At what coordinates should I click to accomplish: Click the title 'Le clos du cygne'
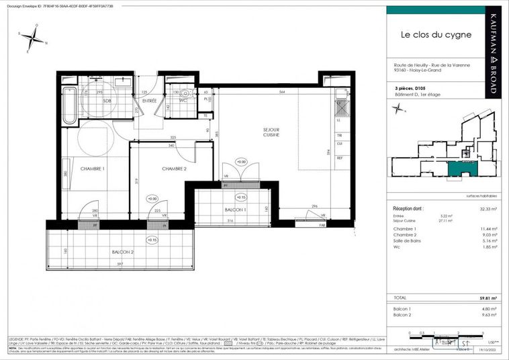click(436, 34)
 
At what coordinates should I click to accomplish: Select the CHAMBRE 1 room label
click(92, 169)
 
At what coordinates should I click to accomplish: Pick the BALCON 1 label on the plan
click(235, 210)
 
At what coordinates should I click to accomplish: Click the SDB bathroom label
click(107, 101)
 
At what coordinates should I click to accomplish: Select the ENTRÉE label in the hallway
click(150, 101)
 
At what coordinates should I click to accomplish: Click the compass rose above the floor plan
click(32, 38)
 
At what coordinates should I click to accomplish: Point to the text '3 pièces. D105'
click(411, 88)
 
